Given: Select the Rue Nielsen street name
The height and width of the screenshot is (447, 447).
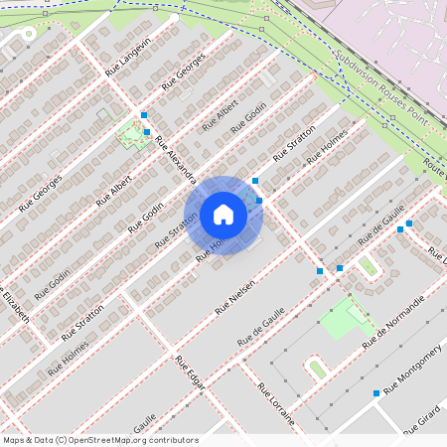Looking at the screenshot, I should point(236,297).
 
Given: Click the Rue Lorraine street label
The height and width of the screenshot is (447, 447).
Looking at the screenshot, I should point(276,403).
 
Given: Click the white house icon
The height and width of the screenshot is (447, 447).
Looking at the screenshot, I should point(223,215).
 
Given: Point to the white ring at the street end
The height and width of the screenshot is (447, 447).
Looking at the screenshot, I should point(28,33).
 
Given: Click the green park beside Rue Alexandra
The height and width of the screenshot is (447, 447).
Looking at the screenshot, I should point(129,134).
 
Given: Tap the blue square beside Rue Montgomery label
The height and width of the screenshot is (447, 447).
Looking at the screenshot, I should point(376,393).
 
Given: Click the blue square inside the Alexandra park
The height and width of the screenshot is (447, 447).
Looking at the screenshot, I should point(147,131).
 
